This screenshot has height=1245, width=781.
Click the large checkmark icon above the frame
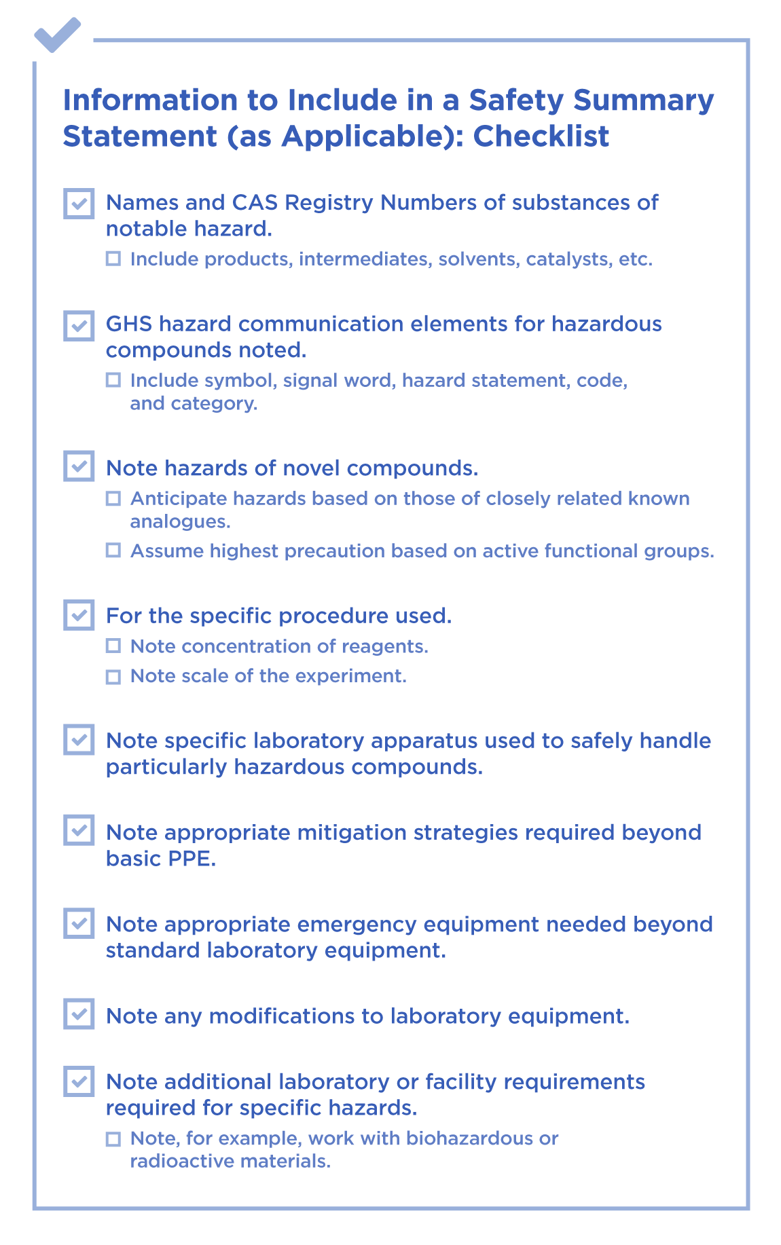[x=57, y=35]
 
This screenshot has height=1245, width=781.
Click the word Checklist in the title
[x=541, y=136]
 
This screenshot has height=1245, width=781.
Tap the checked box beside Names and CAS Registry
[x=79, y=204]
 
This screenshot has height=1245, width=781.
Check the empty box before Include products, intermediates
[x=113, y=259]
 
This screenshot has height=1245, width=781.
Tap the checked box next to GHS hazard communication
[x=79, y=325]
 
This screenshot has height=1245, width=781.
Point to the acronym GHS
[x=129, y=324]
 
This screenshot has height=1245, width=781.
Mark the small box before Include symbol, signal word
[x=113, y=379]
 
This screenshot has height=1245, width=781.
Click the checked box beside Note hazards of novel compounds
[x=79, y=466]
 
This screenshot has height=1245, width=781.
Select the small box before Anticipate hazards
[x=113, y=498]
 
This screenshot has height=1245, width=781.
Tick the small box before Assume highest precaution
[x=113, y=551]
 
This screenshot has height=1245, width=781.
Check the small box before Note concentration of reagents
[x=113, y=646]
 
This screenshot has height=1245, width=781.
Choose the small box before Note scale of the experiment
[x=113, y=676]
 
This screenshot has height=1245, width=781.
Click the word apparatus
[x=424, y=741]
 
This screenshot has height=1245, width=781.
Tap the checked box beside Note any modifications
[x=79, y=1014]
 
